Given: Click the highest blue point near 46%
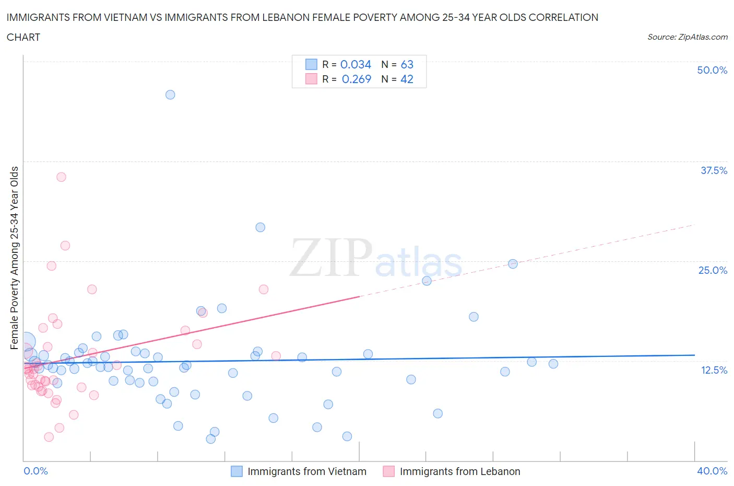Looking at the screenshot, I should (170, 95).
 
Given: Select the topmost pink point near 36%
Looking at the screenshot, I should (61, 177).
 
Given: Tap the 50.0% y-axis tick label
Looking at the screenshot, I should (712, 70).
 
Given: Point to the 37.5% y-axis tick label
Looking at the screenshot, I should (714, 170).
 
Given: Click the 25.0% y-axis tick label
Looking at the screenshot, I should (713, 270).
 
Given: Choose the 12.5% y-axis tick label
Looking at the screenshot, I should (714, 370).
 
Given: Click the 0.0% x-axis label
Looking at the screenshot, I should (35, 471).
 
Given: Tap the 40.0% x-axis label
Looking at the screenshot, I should (712, 471).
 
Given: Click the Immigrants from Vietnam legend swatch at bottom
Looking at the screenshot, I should (236, 471).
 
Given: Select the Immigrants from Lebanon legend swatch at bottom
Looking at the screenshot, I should (388, 471).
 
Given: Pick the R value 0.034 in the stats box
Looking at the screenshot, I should (356, 64).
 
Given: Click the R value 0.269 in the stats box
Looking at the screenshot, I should (356, 79).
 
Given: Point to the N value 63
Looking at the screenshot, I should (407, 64).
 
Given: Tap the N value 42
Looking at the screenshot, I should (407, 79).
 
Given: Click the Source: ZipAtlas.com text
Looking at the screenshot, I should (687, 37).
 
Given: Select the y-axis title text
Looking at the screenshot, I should (15, 258).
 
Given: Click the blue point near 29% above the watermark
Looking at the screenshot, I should (260, 227).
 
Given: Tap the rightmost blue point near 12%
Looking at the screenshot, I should (553, 364).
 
